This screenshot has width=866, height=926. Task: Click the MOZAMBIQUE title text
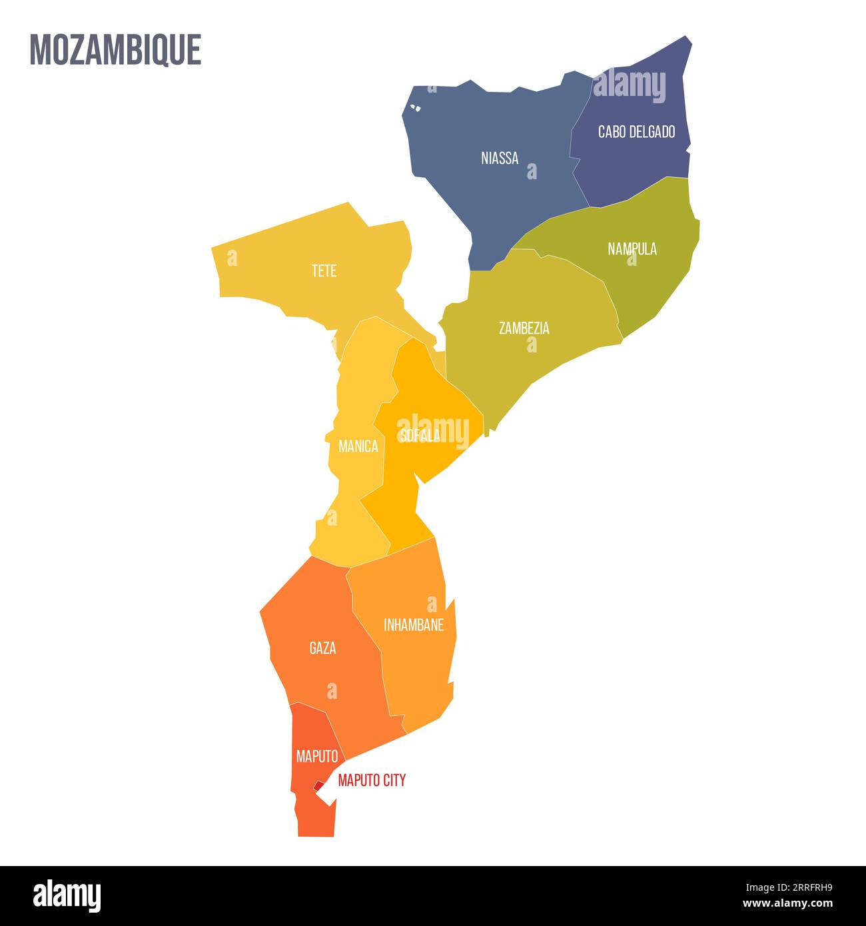(115, 49)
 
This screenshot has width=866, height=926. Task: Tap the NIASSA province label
(500, 158)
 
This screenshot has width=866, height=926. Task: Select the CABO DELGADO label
(636, 131)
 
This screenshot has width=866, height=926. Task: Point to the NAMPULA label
(632, 248)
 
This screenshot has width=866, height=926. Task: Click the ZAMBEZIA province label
(524, 328)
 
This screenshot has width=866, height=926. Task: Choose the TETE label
(324, 270)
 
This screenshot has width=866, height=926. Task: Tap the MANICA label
(358, 446)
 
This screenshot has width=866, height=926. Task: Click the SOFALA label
(419, 435)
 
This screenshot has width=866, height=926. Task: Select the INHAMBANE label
(414, 625)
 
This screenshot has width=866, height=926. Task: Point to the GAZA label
(322, 648)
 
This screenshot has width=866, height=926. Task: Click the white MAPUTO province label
(317, 756)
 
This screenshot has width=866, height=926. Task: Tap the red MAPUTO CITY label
(372, 780)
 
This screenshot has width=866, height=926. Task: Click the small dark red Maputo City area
(319, 787)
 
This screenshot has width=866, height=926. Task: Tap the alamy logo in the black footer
(67, 895)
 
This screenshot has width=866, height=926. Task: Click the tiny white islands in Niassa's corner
(416, 107)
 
